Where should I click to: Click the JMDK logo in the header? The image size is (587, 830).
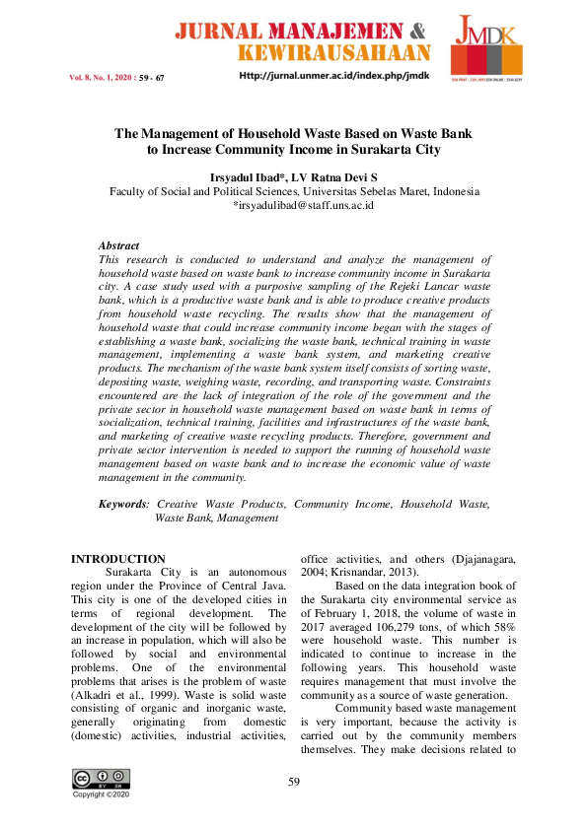486,47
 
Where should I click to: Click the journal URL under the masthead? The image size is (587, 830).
334,77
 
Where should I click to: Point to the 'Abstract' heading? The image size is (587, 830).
118,245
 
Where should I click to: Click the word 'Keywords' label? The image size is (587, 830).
122,504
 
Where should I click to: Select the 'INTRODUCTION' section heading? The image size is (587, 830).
118,559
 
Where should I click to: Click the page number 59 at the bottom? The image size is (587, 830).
293,783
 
